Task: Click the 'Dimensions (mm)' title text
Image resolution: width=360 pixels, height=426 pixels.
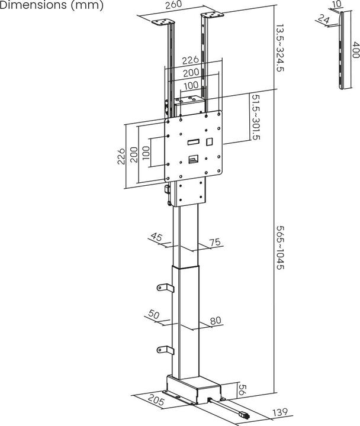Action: click(52, 5)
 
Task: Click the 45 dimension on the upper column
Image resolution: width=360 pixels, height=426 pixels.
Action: click(156, 237)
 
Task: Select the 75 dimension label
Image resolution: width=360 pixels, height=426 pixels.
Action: click(214, 241)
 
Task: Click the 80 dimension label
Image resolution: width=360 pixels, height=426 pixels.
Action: click(215, 321)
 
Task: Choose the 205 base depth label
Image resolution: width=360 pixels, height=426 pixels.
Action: click(156, 399)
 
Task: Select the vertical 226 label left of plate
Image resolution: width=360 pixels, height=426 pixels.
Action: click(121, 156)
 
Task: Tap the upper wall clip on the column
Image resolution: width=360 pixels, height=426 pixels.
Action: click(164, 288)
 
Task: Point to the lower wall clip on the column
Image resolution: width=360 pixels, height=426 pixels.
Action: click(164, 350)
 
